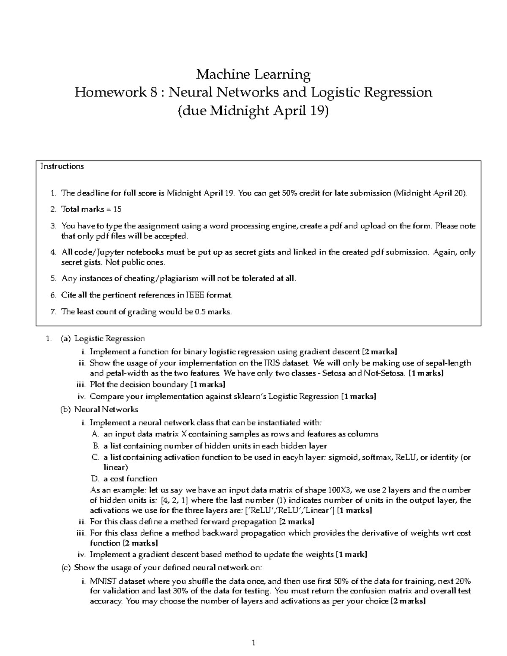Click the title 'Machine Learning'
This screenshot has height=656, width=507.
pyautogui.click(x=253, y=75)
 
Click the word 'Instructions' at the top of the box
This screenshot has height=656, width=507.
pyautogui.click(x=62, y=166)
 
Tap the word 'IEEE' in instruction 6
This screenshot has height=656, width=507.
pyautogui.click(x=195, y=295)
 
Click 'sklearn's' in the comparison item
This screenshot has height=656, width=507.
pyautogui.click(x=250, y=397)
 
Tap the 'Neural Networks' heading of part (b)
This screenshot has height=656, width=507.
pyautogui.click(x=106, y=409)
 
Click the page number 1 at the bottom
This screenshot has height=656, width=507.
pyautogui.click(x=253, y=643)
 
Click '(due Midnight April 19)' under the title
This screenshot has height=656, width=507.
pyautogui.click(x=253, y=111)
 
